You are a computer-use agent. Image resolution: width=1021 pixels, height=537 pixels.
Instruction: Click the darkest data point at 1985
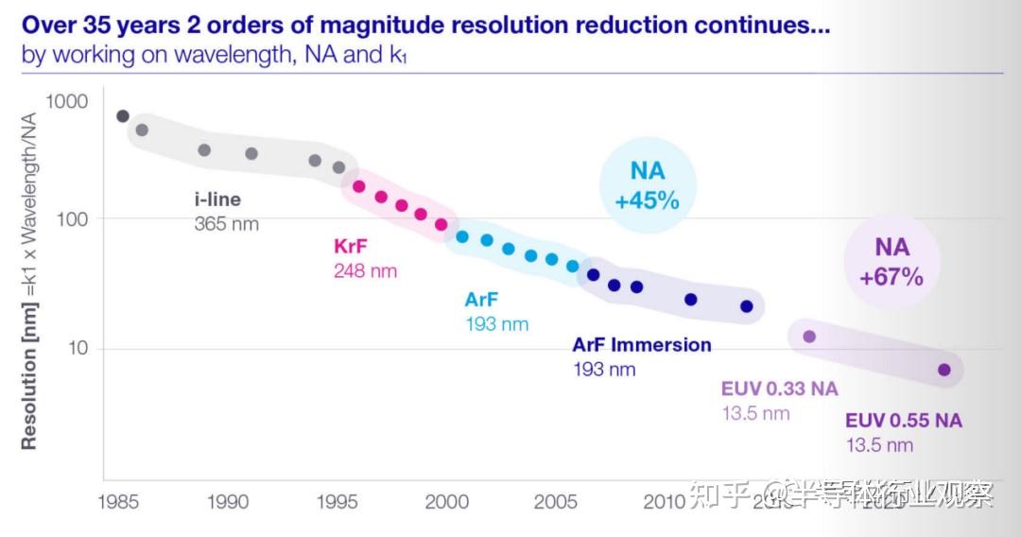(x=123, y=116)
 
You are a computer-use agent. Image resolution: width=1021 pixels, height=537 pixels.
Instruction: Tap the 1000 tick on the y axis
(x=67, y=101)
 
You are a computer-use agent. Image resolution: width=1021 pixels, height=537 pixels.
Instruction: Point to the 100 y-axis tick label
(x=73, y=218)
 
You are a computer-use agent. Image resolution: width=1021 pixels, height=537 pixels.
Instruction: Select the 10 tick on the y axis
(x=78, y=348)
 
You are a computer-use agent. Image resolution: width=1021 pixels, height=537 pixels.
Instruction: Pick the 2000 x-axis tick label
(x=447, y=501)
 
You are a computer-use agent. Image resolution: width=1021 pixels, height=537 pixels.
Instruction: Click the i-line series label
(x=216, y=199)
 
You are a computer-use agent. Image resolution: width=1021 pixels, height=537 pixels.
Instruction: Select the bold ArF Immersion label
(x=642, y=344)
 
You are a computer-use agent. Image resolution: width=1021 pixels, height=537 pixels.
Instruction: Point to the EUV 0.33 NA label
(x=779, y=389)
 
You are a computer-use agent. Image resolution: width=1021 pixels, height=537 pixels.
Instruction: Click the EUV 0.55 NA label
(x=903, y=421)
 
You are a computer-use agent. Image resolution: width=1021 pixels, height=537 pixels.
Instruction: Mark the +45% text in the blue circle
(x=648, y=200)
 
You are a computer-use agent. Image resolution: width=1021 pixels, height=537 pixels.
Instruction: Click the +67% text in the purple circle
(x=891, y=277)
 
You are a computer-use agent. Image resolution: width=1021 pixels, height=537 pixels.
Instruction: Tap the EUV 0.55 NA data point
(x=943, y=370)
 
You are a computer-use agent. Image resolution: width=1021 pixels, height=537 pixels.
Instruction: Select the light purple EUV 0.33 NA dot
(x=809, y=336)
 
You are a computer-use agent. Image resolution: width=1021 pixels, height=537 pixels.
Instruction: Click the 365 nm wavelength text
(x=226, y=224)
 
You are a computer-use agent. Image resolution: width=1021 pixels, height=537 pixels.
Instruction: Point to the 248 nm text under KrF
(x=365, y=270)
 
